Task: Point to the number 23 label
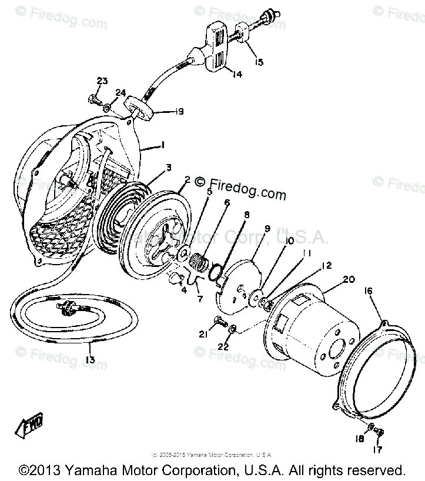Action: click(102, 81)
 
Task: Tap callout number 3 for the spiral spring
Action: click(169, 168)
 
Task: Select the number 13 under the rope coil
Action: click(90, 360)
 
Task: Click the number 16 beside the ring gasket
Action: click(369, 290)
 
